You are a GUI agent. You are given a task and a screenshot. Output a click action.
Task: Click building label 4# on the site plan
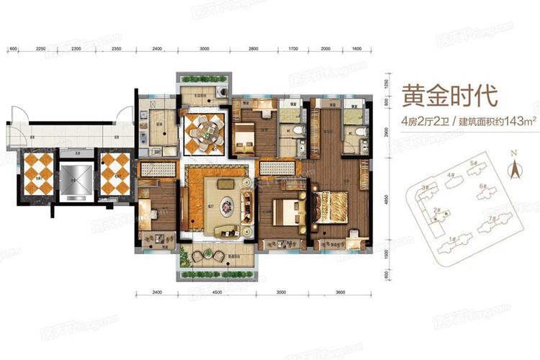coord(451,175)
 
